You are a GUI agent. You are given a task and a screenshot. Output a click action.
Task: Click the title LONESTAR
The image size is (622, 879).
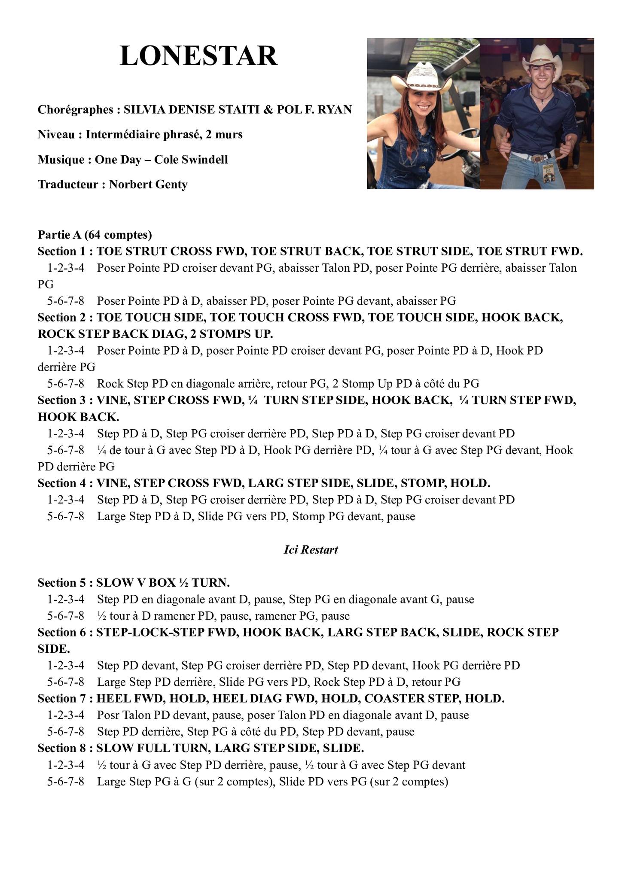[198, 56]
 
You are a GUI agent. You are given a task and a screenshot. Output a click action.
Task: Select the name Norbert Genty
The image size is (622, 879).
[148, 185]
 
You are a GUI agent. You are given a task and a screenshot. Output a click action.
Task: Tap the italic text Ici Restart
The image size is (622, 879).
[311, 550]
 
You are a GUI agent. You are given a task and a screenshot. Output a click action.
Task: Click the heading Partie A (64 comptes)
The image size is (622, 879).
[95, 235]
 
